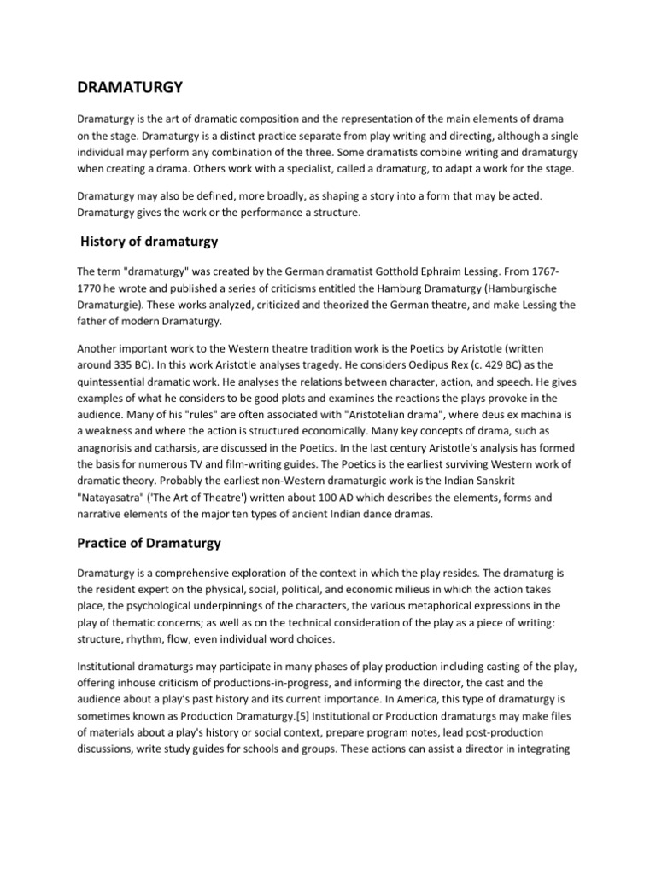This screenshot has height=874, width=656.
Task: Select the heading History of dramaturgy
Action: click(x=149, y=242)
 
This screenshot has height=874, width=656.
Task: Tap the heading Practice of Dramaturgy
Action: click(x=149, y=544)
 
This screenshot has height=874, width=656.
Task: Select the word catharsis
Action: click(x=190, y=446)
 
